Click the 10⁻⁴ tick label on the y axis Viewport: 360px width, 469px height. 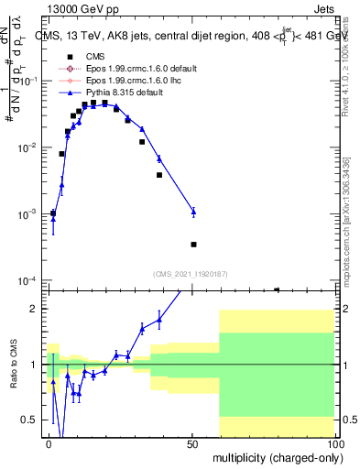click(26, 280)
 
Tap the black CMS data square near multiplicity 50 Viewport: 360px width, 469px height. click(193, 245)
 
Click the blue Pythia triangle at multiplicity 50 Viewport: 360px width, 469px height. click(193, 212)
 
